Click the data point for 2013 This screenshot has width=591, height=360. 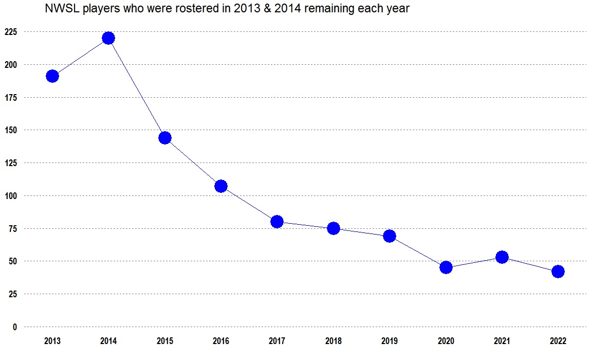click(x=52, y=76)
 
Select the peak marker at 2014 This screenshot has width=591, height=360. click(x=108, y=38)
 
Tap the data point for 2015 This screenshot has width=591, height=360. click(x=165, y=138)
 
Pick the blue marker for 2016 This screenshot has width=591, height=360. click(x=221, y=186)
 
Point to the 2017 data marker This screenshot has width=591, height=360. click(x=277, y=222)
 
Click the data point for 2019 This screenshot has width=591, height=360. click(x=390, y=236)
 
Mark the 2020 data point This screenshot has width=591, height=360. click(x=446, y=267)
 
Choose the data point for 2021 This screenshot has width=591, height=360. click(x=502, y=257)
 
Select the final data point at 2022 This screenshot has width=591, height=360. click(x=558, y=272)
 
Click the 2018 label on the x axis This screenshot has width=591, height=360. click(x=333, y=341)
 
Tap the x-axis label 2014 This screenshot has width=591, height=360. click(x=108, y=341)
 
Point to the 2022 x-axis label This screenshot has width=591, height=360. click(x=558, y=341)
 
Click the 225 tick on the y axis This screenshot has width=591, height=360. click(x=11, y=32)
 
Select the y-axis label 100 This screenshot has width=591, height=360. click(x=11, y=196)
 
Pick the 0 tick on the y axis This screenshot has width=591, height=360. click(x=15, y=327)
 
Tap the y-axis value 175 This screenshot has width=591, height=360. click(x=11, y=98)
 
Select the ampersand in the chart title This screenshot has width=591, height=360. click(x=267, y=8)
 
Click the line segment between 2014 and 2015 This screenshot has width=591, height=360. click(x=137, y=88)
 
